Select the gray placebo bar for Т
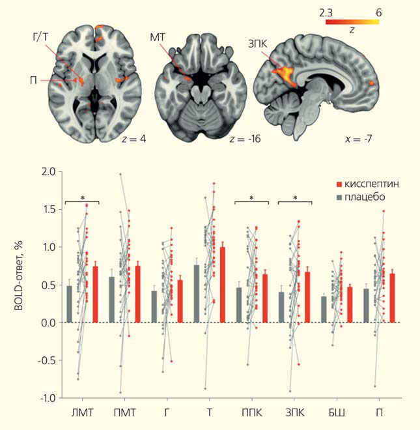[x=196, y=294]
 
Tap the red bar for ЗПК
[x=307, y=297]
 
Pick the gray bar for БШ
[x=323, y=309]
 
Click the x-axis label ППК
[x=251, y=413]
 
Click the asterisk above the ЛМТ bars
[x=83, y=198]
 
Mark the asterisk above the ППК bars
[x=251, y=198]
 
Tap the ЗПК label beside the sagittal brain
[x=255, y=43]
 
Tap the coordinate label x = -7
[x=357, y=139]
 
